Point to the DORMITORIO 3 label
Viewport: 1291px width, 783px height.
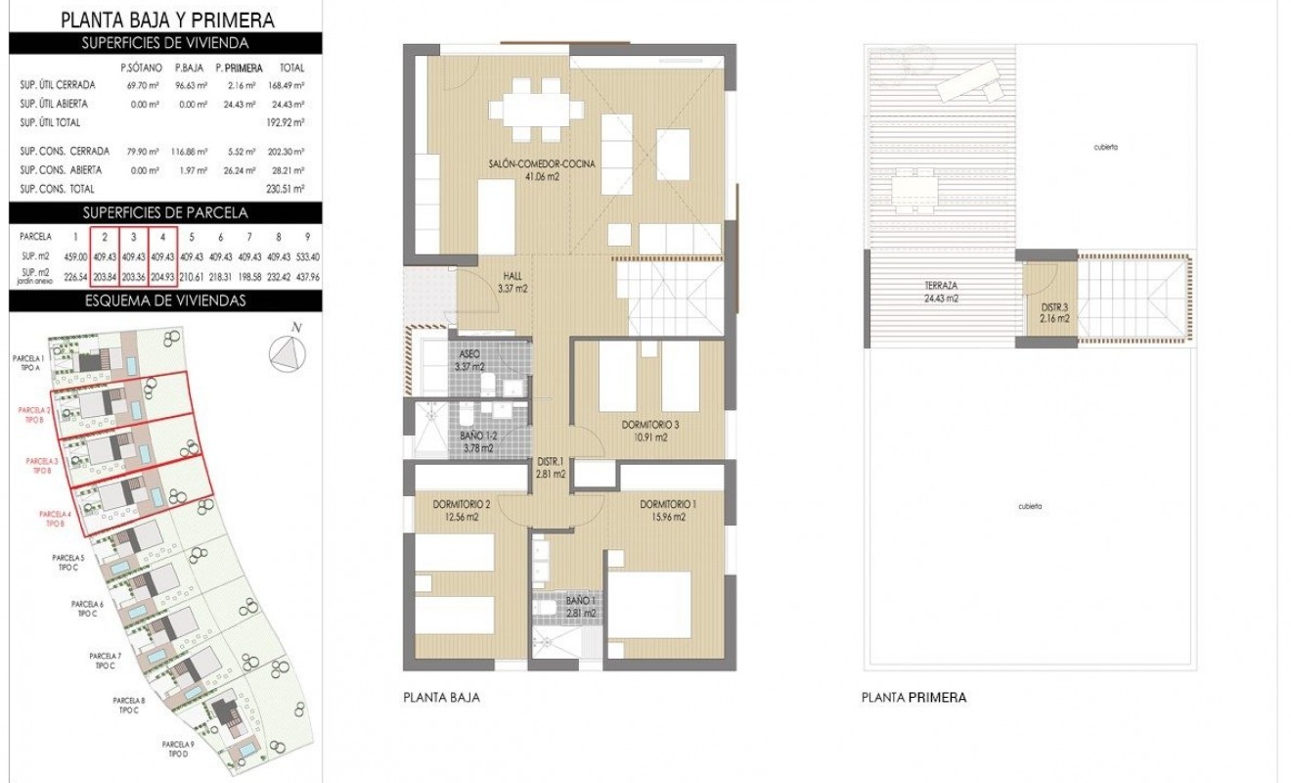click(x=649, y=431)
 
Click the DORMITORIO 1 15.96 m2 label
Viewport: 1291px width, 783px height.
click(x=669, y=510)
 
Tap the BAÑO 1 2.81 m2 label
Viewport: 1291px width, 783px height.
click(x=581, y=607)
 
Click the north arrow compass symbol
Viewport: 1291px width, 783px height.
click(x=286, y=353)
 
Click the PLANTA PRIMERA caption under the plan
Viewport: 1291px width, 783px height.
click(x=913, y=699)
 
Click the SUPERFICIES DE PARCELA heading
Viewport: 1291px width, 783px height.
click(x=164, y=212)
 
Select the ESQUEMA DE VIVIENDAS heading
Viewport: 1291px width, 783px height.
click(x=164, y=301)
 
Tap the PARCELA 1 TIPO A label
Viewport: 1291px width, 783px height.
click(x=28, y=364)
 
